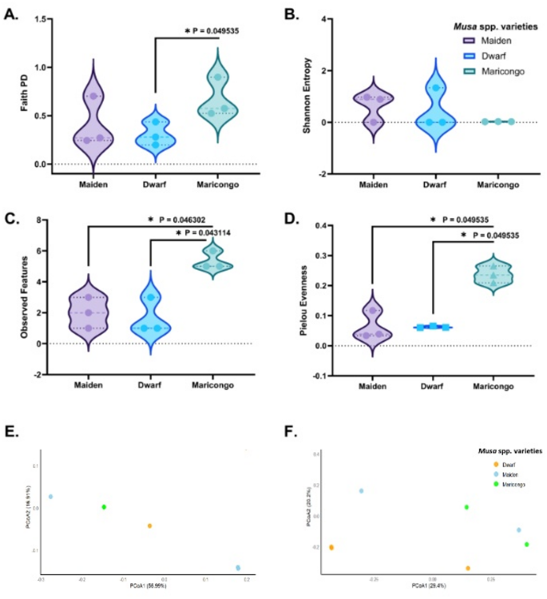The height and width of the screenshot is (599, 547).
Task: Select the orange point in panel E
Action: tap(149, 526)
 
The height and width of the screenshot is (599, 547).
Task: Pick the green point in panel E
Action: tap(104, 507)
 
